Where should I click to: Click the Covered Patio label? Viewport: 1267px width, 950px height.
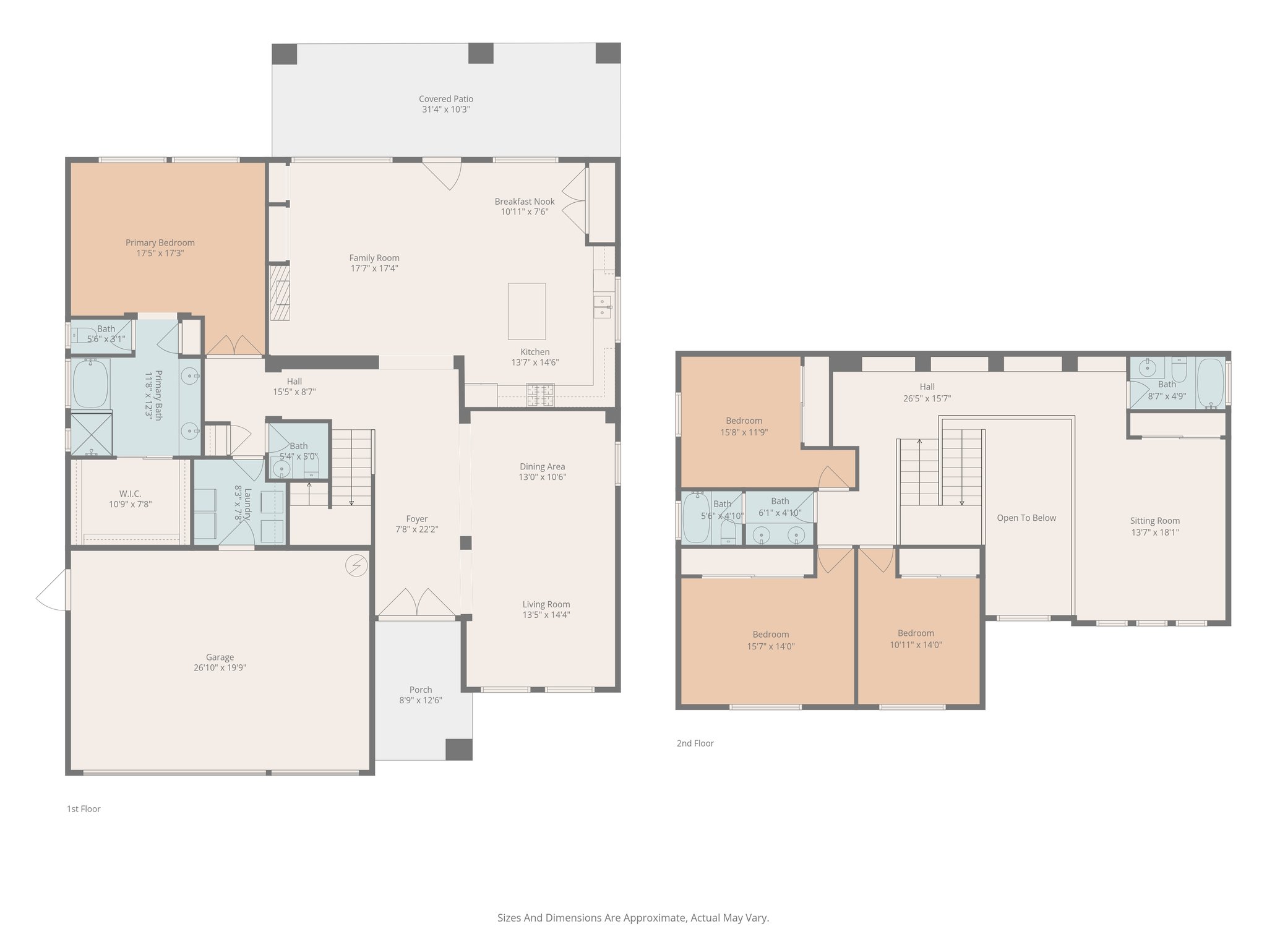click(446, 99)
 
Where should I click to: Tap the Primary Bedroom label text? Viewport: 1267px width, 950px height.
click(160, 242)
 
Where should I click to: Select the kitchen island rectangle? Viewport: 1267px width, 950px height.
click(527, 311)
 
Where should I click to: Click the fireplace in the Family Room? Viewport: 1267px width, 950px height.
click(280, 293)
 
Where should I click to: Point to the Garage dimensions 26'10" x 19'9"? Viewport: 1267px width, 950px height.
click(220, 668)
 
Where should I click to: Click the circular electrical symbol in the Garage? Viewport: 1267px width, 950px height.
click(356, 566)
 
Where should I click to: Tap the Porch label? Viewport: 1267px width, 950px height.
click(421, 690)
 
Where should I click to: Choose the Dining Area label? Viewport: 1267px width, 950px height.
click(542, 466)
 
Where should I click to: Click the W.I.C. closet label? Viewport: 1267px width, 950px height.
click(130, 494)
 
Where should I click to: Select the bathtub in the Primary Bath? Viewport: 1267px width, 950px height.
click(91, 383)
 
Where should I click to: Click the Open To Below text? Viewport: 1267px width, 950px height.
click(1026, 518)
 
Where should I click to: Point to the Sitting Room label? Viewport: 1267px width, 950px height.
click(1155, 521)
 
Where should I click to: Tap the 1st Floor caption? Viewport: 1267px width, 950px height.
click(84, 809)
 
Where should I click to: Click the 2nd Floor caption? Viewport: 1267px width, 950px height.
click(695, 743)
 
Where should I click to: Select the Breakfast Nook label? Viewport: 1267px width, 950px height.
click(525, 201)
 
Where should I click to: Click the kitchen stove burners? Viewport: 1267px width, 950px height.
click(540, 395)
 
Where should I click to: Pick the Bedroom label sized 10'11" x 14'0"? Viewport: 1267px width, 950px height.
click(916, 633)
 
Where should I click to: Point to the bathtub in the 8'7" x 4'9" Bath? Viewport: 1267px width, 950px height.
click(1211, 383)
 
